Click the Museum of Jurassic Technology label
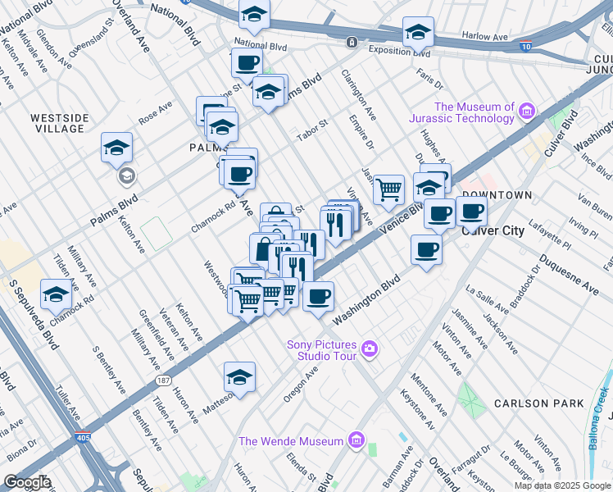pos(474,112)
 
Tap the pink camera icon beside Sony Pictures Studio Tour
pos(370,350)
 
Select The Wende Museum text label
pos(290,442)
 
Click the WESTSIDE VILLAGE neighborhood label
pos(58,123)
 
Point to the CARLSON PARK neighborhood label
pos(539,403)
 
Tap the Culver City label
pos(493,230)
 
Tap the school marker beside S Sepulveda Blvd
pos(56,295)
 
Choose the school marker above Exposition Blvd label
pos(418,33)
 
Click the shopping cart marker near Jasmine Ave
pos(388,190)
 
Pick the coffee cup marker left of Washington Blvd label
pos(319,296)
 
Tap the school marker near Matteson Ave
pos(239,377)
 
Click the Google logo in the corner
pos(28,482)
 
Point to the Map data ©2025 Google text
pos(562,485)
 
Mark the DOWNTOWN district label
pos(497,195)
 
